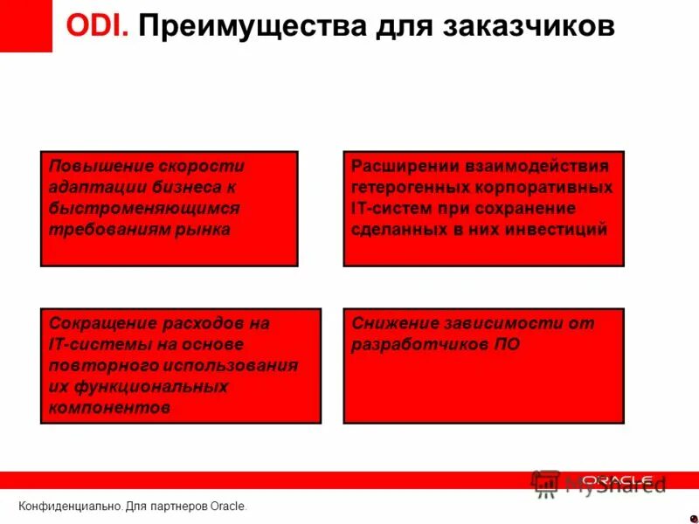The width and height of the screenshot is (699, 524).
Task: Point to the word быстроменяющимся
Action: [x=144, y=209]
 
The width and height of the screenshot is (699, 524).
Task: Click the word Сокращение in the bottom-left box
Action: [x=100, y=323]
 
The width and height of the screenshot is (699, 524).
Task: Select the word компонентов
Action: [x=109, y=407]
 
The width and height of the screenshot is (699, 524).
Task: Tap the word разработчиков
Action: [x=415, y=344]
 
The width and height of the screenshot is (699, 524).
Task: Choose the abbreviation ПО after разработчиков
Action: [x=506, y=344]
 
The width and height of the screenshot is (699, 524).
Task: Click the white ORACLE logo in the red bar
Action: [x=617, y=479]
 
